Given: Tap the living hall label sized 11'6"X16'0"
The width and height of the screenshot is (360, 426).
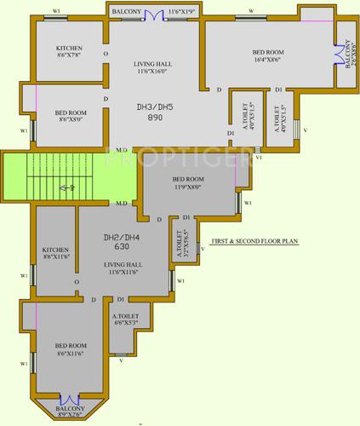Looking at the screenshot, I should click(153, 69).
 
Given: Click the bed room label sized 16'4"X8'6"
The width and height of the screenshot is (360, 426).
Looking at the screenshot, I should click(268, 55).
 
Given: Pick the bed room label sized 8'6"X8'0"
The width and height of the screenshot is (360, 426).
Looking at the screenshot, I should click(69, 117).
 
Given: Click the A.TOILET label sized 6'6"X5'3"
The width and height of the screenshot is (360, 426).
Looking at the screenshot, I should click(126, 321).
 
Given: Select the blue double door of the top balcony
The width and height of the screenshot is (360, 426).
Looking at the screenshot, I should click(154, 14).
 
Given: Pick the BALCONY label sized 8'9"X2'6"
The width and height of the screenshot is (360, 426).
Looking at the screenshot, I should click(71, 412).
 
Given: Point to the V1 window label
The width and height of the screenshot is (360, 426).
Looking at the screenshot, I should click(260, 158).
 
